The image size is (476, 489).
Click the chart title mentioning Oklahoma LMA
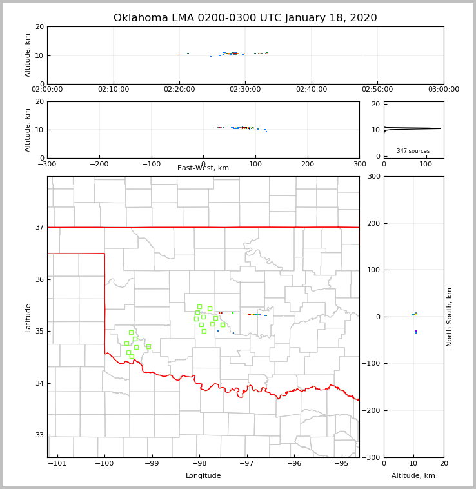pos(245,18)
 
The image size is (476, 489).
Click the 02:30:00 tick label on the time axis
pos(245,90)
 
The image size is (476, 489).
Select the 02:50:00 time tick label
pos(377,90)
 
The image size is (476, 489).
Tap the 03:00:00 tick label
pos(443,90)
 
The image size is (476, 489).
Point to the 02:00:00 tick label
pos(47,90)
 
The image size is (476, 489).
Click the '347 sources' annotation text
pos(413,151)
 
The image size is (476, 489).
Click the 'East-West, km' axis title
pos(203,168)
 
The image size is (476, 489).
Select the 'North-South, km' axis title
pos(450,317)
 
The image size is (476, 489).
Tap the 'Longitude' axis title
pos(203,476)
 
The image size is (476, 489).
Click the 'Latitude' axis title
pos(28,317)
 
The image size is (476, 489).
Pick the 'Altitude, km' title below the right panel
pos(413,476)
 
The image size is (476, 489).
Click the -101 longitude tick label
pos(58,463)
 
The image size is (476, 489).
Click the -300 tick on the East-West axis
pos(47,165)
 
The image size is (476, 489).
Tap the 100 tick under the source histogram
pos(426,165)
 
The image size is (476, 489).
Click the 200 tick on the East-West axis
pos(308,165)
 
